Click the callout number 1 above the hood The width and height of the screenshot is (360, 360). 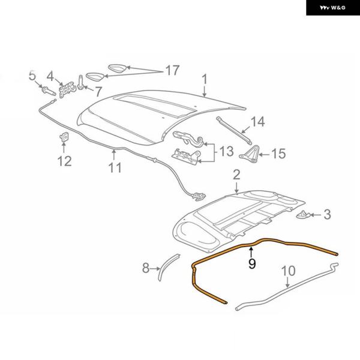click(x=205, y=79)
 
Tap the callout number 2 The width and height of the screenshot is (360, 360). click(x=236, y=175)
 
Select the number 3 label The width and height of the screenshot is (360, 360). click(x=327, y=214)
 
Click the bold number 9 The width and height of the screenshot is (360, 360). click(x=252, y=263)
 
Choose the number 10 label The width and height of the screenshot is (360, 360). click(x=288, y=271)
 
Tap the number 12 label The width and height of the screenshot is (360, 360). click(x=64, y=161)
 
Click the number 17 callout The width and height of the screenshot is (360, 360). click(x=172, y=70)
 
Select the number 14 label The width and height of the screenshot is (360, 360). click(x=257, y=122)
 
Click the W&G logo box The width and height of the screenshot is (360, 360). click(x=333, y=8)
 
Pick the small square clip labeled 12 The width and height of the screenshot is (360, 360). click(x=64, y=137)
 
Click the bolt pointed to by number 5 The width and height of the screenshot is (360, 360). click(x=49, y=91)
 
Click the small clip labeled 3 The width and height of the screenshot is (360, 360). click(x=304, y=215)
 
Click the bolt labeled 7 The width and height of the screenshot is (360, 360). click(x=80, y=82)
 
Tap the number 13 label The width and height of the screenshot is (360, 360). click(x=226, y=151)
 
